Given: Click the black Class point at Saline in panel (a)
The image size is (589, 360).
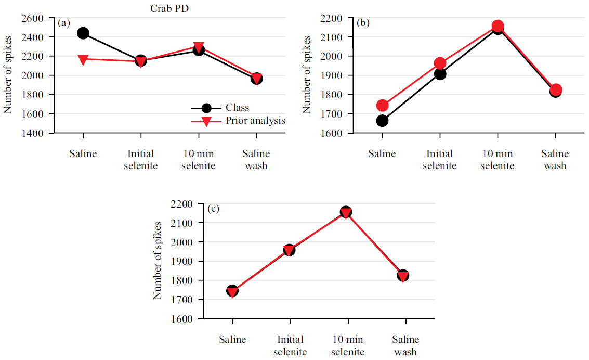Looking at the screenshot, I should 83,33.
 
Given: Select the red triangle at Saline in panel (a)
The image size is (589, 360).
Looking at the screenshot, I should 83,60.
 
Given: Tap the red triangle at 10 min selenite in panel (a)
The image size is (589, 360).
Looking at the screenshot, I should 198,48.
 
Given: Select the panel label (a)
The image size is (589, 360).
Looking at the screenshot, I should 64,23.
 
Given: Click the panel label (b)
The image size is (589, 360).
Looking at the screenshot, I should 363,23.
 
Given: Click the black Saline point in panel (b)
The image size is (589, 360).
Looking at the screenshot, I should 382,121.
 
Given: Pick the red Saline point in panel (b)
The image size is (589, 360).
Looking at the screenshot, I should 382,106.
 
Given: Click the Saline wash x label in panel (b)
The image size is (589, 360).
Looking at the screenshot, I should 555,160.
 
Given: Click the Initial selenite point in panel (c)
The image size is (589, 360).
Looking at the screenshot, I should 290,250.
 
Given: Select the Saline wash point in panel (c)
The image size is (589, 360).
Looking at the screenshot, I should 403,275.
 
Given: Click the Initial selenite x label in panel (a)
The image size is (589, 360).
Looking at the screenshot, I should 140,160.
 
